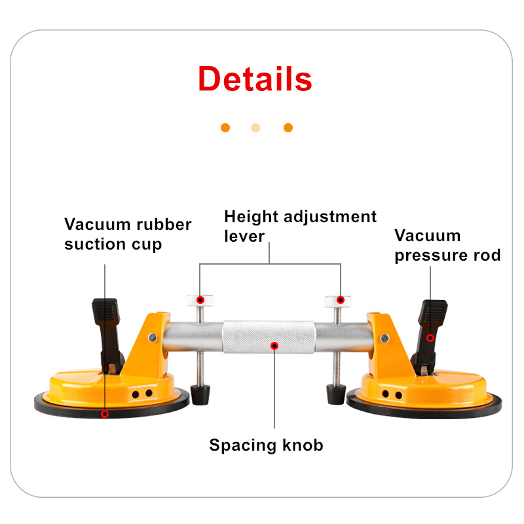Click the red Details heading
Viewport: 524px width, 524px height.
[255, 79]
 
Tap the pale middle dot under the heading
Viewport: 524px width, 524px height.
[255, 128]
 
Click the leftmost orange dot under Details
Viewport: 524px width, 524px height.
[225, 128]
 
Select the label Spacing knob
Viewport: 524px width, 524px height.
[266, 445]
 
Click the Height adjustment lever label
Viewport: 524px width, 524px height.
[300, 225]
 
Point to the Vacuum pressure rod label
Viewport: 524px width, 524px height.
[447, 245]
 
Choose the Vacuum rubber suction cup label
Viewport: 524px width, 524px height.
[128, 234]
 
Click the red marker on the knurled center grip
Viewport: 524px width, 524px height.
[274, 345]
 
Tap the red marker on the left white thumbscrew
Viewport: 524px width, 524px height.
[201, 300]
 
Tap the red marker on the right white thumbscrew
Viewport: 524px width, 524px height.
[341, 300]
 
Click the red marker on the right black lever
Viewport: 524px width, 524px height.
[430, 337]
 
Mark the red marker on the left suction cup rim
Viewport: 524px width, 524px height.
[105, 413]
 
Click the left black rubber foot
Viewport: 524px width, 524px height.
[199, 394]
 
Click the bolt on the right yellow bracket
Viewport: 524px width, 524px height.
[384, 338]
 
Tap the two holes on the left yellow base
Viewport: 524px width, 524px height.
[143, 393]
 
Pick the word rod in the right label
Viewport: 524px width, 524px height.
[485, 255]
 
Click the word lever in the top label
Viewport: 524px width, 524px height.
[244, 235]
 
